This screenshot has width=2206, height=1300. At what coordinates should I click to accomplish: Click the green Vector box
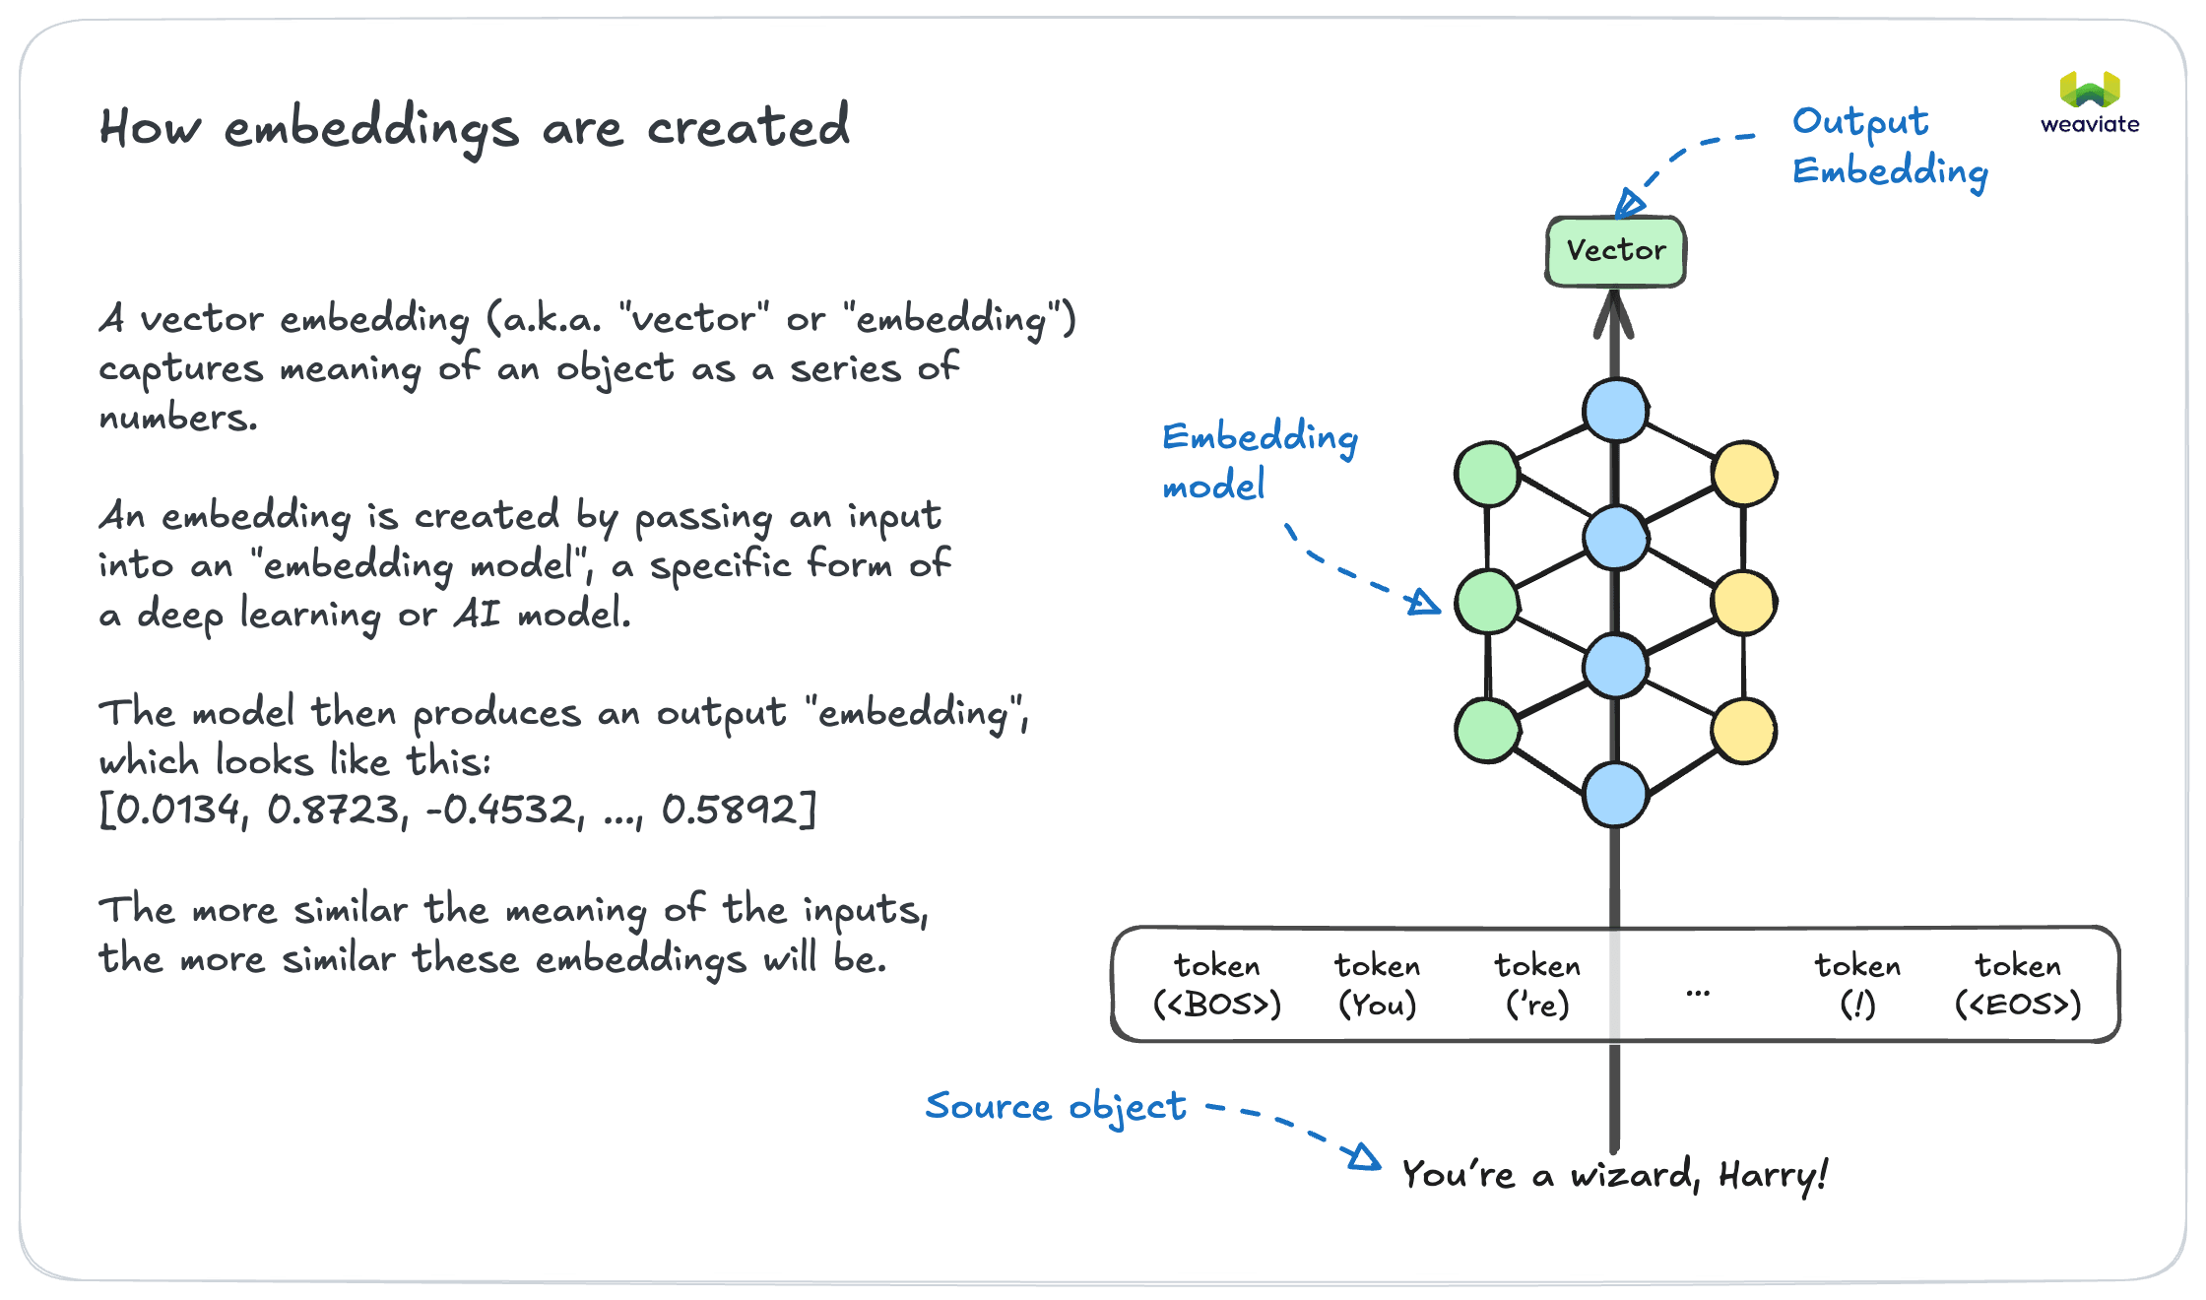(1615, 251)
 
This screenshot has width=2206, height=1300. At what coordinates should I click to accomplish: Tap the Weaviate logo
(2090, 102)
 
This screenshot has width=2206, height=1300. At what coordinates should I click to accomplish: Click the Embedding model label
(1258, 460)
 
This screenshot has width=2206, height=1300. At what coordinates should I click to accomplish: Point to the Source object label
(1055, 1106)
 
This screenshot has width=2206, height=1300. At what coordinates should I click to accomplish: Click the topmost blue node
(1615, 410)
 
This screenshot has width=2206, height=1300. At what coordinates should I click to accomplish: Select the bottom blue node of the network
(1615, 794)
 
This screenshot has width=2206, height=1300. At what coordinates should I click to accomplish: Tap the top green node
(1487, 474)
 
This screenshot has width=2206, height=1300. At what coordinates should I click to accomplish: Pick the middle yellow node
(1743, 602)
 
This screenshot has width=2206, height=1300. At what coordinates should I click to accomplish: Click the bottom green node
(1487, 730)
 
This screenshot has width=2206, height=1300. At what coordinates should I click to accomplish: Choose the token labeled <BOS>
(1217, 985)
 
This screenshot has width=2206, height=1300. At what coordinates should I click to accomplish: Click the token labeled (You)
(1377, 985)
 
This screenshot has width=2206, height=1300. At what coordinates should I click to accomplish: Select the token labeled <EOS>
(2017, 985)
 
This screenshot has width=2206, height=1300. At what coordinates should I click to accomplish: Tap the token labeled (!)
(1857, 985)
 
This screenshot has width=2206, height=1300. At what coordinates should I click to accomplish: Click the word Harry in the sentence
(1771, 1175)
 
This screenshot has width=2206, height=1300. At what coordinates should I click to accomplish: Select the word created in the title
(747, 128)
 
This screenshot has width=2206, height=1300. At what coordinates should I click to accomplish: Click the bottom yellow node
(1743, 730)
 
